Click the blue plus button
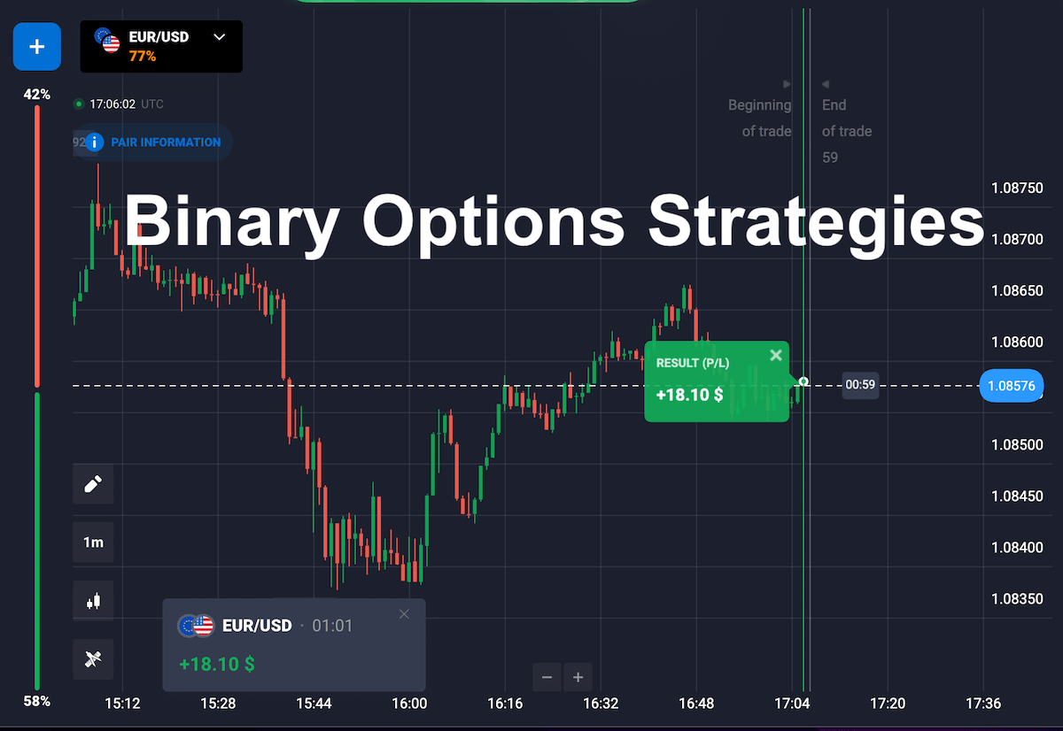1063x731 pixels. click(x=37, y=46)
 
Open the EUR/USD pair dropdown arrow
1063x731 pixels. click(x=220, y=37)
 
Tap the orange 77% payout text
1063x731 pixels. click(x=143, y=57)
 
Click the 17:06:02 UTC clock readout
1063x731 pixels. click(x=126, y=104)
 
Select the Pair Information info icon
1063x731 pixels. click(x=95, y=142)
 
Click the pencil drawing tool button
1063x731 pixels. click(x=93, y=484)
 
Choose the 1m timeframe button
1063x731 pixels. click(x=93, y=542)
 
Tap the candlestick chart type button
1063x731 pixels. click(x=93, y=601)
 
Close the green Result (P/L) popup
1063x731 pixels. click(x=776, y=355)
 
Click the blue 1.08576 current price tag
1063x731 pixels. click(x=1012, y=386)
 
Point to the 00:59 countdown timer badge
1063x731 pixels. click(x=860, y=385)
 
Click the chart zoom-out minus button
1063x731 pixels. click(x=547, y=677)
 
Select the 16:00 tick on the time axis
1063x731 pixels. click(x=409, y=704)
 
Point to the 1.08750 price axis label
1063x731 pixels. click(x=1018, y=189)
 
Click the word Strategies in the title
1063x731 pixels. click(x=816, y=224)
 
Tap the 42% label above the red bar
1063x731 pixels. click(x=37, y=95)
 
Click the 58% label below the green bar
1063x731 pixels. click(x=37, y=701)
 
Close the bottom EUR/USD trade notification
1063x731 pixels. click(x=404, y=614)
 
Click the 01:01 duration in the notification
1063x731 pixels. click(x=332, y=627)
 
